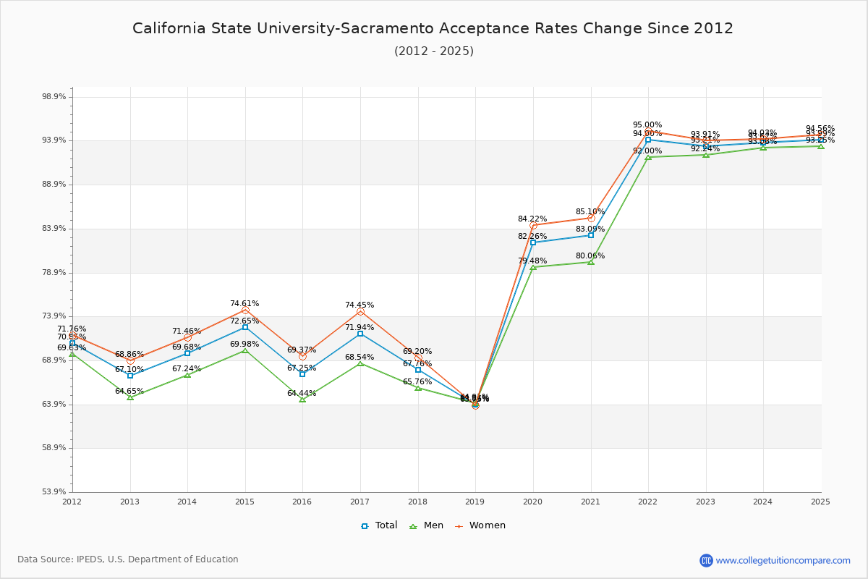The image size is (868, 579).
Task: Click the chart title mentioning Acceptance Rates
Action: coord(433,29)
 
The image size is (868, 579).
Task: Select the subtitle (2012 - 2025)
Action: coord(433,51)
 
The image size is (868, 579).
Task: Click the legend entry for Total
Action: coord(380,525)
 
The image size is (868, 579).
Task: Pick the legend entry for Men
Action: coord(427,525)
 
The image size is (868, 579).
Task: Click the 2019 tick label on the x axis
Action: coord(475,502)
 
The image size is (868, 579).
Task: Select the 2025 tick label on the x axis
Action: coord(820,502)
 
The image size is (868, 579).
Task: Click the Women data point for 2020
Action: coord(533,226)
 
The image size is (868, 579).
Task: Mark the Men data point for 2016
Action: coord(302,399)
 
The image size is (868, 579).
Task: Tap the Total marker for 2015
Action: coord(245,327)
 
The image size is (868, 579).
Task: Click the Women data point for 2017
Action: coord(360,312)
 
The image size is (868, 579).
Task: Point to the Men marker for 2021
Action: coord(591,262)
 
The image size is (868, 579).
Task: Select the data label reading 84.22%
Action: coord(532,219)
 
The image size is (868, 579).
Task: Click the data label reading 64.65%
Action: coord(129,392)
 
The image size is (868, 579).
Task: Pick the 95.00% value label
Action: coord(647,125)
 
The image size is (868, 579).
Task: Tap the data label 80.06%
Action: coord(590,256)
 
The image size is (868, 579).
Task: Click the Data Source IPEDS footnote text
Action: coord(128,559)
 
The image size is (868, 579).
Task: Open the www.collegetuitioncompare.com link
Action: coord(783,560)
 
